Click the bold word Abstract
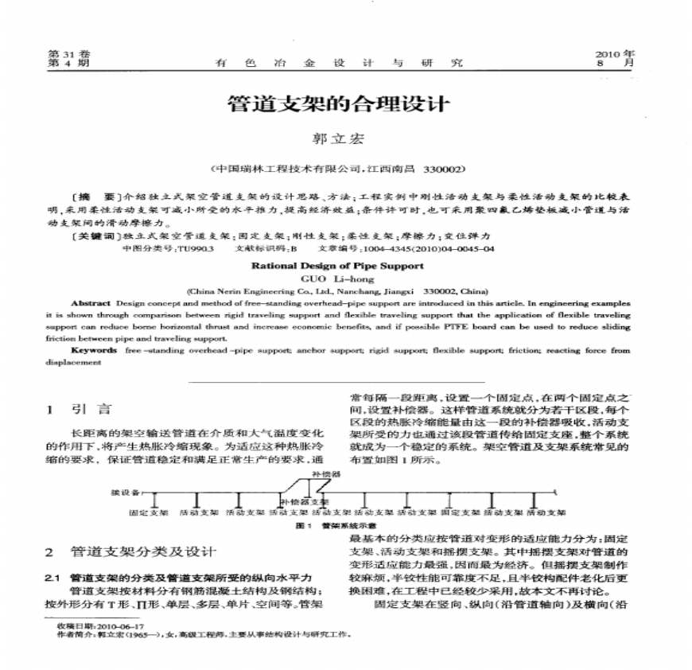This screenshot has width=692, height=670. (86, 304)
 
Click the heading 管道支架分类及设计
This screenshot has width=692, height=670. (143, 552)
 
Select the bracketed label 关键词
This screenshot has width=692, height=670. (93, 236)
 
